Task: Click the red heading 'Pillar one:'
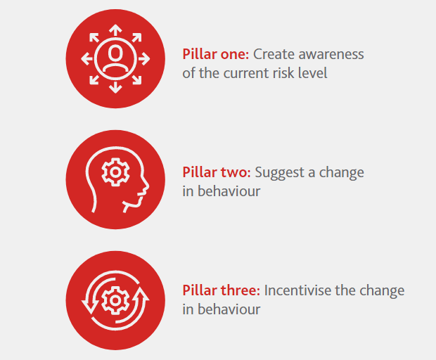[x=215, y=54]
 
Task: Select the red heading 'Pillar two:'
[x=217, y=172]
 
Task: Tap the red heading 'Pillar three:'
[x=222, y=290]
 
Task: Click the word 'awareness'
[x=331, y=54]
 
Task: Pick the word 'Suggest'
[x=279, y=173]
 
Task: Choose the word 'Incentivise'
[x=297, y=290]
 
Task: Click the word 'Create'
[x=274, y=54]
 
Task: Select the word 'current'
[x=246, y=73]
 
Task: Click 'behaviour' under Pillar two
[x=229, y=191]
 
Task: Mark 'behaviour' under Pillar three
[x=229, y=309]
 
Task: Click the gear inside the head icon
[x=115, y=172]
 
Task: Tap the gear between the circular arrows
[x=115, y=300]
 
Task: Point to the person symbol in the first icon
[x=115, y=58]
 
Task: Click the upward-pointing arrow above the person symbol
[x=115, y=30]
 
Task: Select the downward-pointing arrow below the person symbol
[x=115, y=87]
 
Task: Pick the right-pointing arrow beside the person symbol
[x=144, y=58]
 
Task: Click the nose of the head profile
[x=146, y=186]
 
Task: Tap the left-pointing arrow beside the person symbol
[x=86, y=58]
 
